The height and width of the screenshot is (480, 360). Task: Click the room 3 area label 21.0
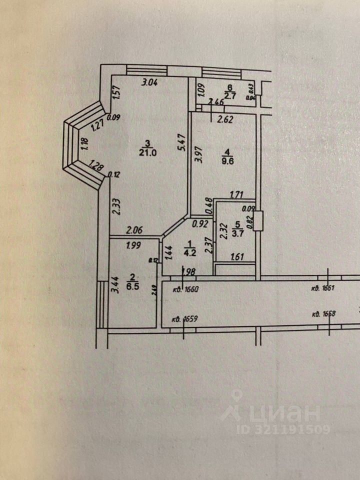coord(148,153)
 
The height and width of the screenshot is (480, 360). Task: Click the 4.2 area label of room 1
coord(189,252)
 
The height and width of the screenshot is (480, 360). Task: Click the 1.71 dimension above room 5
coord(235,195)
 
